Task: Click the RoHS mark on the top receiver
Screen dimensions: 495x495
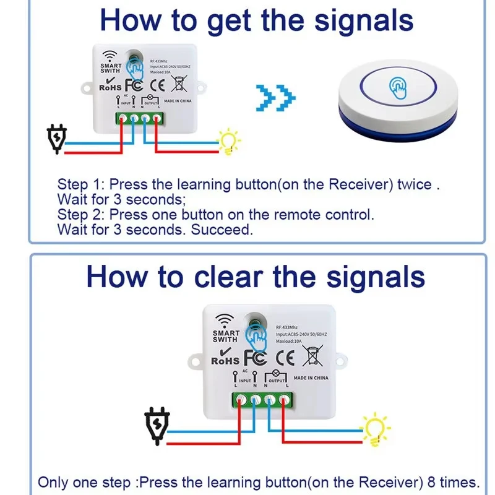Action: [x=111, y=87]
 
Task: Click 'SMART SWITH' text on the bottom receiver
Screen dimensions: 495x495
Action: [x=225, y=335]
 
